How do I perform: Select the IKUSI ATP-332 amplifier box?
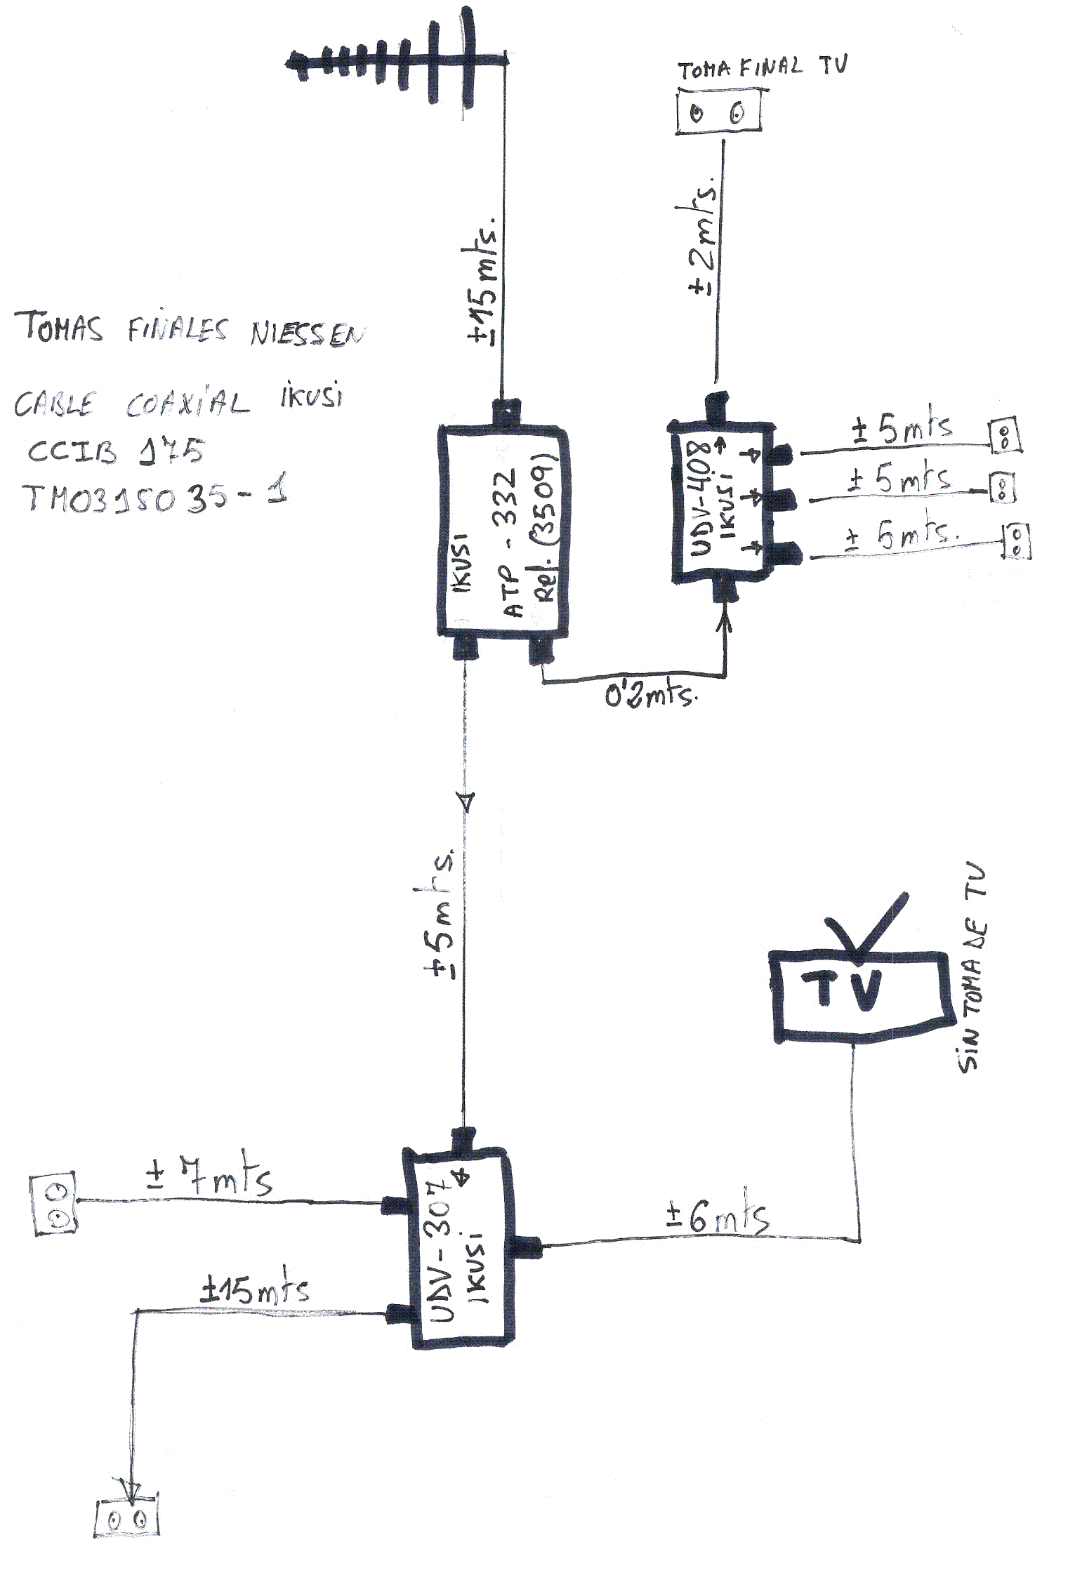[x=503, y=531]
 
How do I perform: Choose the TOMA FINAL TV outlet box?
[x=718, y=112]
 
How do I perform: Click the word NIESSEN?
[x=308, y=334]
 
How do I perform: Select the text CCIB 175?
[x=116, y=451]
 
